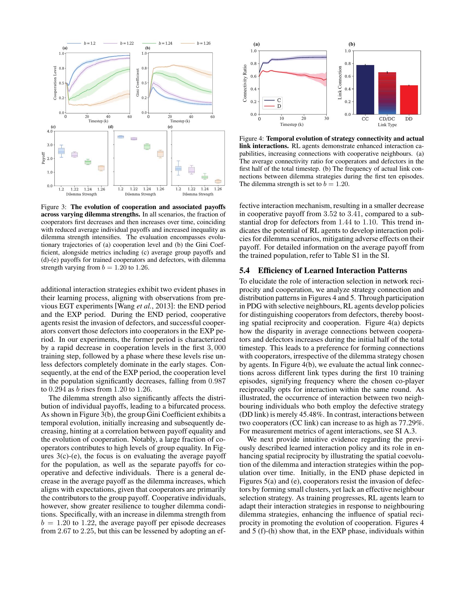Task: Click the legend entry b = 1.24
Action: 158,43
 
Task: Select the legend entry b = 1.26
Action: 196,43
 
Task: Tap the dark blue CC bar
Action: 365,89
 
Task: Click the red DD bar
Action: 409,100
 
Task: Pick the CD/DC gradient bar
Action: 387,93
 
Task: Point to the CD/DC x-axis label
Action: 387,119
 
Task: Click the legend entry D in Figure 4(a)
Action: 273,106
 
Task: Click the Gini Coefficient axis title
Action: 137,83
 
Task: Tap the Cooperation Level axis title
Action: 55,83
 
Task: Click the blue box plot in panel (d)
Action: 121,137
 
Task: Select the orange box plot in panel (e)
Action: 218,181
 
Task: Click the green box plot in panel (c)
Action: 88,162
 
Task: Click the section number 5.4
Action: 244,271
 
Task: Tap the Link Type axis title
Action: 387,125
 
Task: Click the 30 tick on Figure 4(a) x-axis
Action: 326,119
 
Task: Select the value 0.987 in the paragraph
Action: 217,381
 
